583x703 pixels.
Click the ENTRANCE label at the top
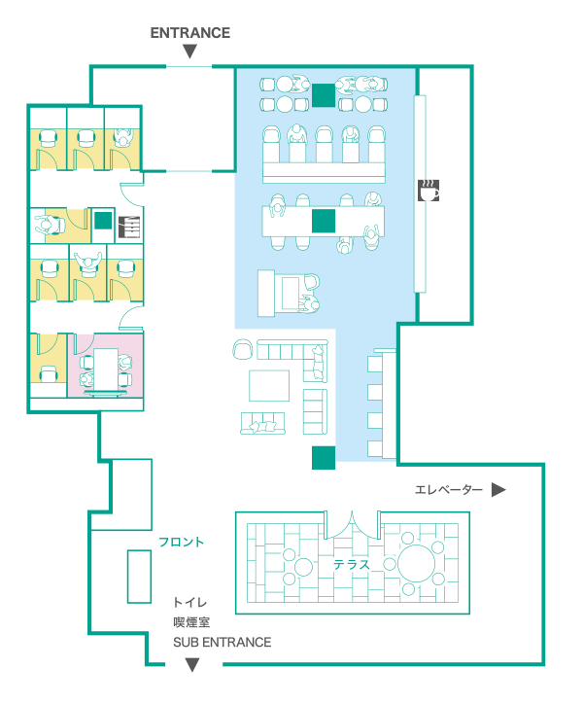tap(190, 33)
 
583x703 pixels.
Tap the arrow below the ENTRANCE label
tap(190, 52)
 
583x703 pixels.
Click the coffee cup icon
tap(428, 191)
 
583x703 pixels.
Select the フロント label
tap(182, 542)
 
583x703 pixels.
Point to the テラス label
tap(352, 564)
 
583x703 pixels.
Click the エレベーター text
tap(449, 489)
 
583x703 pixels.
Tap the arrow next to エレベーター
tap(498, 489)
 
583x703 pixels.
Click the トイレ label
tap(190, 602)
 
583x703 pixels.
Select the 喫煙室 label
tap(191, 622)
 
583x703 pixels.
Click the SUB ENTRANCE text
tap(223, 642)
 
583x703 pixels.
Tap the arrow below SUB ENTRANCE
tap(192, 664)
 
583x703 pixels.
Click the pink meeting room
tap(106, 365)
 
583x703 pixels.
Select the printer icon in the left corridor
tap(129, 227)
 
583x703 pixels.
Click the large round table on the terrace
tap(416, 563)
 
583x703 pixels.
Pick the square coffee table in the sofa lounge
tap(269, 385)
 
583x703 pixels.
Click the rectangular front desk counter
tap(139, 577)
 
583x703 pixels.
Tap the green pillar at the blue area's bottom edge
tap(324, 457)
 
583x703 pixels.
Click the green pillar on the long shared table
tap(324, 221)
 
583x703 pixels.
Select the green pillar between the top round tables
tap(324, 95)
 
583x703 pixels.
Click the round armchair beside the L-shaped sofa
tap(243, 349)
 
